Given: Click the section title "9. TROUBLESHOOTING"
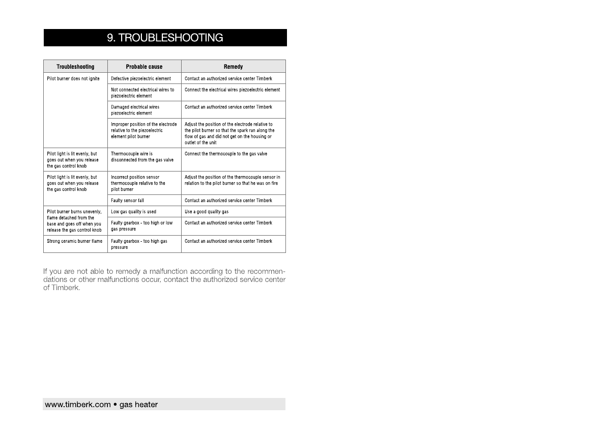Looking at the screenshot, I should pyautogui.click(x=165, y=38).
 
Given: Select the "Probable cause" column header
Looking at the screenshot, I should pyautogui.click(x=144, y=67).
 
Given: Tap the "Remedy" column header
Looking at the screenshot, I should pyautogui.click(x=233, y=67).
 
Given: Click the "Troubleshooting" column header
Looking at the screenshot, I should pyautogui.click(x=75, y=67).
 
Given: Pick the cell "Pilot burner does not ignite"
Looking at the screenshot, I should pyautogui.click(x=73, y=79).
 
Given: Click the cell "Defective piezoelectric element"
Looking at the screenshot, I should pyautogui.click(x=141, y=79).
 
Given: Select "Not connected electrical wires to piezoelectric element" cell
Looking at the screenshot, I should pyautogui.click(x=142, y=93).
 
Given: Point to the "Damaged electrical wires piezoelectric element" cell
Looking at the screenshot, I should pyautogui.click(x=135, y=110).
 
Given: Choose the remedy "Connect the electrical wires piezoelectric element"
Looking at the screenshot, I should pyautogui.click(x=232, y=90).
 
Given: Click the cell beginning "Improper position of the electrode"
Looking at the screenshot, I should pyautogui.click(x=144, y=130).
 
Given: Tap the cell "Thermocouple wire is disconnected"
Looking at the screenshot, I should pyautogui.click(x=142, y=157).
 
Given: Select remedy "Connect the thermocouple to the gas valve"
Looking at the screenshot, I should pyautogui.click(x=226, y=154).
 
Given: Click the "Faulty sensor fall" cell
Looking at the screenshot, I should pyautogui.click(x=127, y=201).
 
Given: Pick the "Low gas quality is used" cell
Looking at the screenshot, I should pyautogui.click(x=133, y=212).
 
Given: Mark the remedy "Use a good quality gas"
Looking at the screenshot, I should pyautogui.click(x=207, y=212).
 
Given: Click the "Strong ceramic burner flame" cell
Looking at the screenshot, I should pyautogui.click(x=74, y=241).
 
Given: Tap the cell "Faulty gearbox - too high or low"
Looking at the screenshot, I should pyautogui.click(x=141, y=226).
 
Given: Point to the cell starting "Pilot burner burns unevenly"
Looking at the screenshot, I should pyautogui.click(x=74, y=221).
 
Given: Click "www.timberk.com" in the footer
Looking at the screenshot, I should pyautogui.click(x=78, y=405).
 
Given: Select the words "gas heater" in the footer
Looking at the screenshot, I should pyautogui.click(x=138, y=405).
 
